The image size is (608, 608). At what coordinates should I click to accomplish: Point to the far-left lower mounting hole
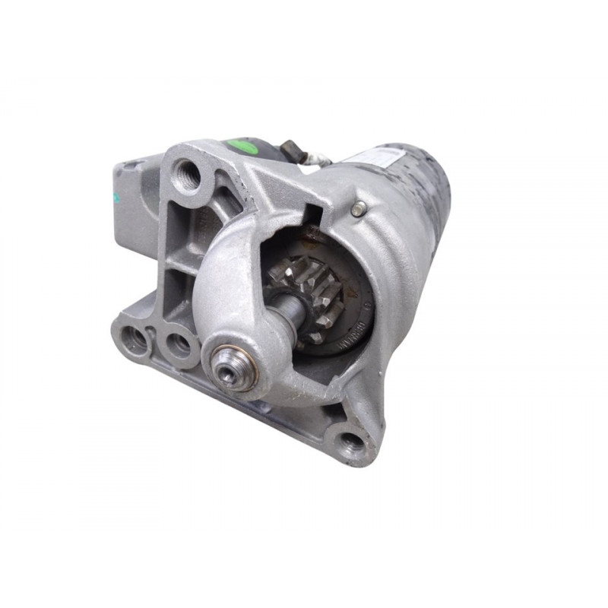coord(137,340)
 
